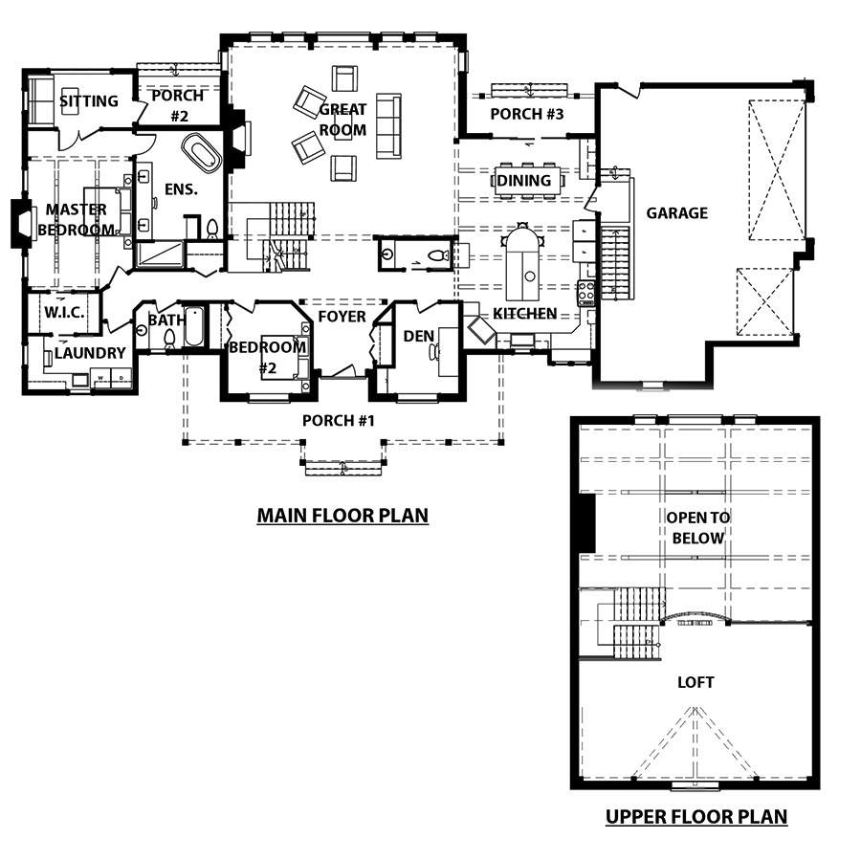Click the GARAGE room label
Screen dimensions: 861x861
pyautogui.click(x=676, y=213)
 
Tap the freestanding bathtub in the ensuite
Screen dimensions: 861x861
pyautogui.click(x=202, y=153)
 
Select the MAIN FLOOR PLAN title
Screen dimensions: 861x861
pyautogui.click(x=342, y=516)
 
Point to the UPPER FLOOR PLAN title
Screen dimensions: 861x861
pyautogui.click(x=696, y=817)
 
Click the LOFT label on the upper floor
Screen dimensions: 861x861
pyautogui.click(x=695, y=682)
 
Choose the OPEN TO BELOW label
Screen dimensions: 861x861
pyautogui.click(x=698, y=528)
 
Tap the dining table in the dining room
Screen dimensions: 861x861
pyautogui.click(x=528, y=180)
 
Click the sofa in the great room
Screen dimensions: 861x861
pyautogui.click(x=388, y=125)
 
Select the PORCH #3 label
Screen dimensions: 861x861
pyautogui.click(x=526, y=114)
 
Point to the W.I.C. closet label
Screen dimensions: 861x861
pyautogui.click(x=64, y=313)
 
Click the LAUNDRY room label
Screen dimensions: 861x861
pyautogui.click(x=90, y=352)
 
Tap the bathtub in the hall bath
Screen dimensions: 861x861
pyautogui.click(x=194, y=326)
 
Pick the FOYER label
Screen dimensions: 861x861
pyautogui.click(x=342, y=317)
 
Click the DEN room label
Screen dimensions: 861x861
pyautogui.click(x=418, y=336)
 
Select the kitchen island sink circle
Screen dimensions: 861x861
pyautogui.click(x=529, y=276)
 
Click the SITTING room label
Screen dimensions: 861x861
pyautogui.click(x=89, y=101)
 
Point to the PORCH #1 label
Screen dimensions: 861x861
pyautogui.click(x=339, y=421)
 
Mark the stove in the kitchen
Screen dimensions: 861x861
pyautogui.click(x=585, y=293)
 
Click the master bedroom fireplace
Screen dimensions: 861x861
pyautogui.click(x=22, y=224)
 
